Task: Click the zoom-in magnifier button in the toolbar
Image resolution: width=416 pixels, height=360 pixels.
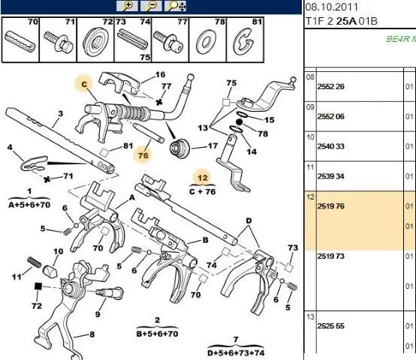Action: [127, 6]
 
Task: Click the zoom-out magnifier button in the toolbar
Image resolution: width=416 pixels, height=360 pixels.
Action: [151, 6]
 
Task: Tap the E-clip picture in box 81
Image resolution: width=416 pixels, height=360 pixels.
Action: [243, 42]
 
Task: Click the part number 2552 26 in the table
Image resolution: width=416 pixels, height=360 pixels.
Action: [330, 86]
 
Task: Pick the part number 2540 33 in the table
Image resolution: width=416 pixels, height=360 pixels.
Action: [330, 146]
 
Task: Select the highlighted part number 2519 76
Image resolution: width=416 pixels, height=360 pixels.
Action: [330, 206]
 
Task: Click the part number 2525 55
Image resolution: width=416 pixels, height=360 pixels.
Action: [330, 325]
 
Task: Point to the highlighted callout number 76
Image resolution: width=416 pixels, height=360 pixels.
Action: [143, 155]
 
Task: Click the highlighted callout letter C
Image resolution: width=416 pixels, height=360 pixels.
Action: [84, 85]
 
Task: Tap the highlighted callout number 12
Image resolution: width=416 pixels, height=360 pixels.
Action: [203, 178]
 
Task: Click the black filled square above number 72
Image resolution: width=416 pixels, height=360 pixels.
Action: [38, 286]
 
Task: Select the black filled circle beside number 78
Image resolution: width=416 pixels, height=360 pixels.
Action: [240, 122]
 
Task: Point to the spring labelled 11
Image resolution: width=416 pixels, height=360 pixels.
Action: [35, 262]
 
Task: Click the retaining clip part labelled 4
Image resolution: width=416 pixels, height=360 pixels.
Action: [34, 163]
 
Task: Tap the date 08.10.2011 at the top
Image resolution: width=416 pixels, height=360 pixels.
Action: [332, 7]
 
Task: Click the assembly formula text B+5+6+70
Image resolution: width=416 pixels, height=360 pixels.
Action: [157, 334]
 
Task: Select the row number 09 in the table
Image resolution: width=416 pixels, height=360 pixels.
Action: [310, 107]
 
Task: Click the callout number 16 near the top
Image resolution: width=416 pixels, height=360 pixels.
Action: [160, 75]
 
